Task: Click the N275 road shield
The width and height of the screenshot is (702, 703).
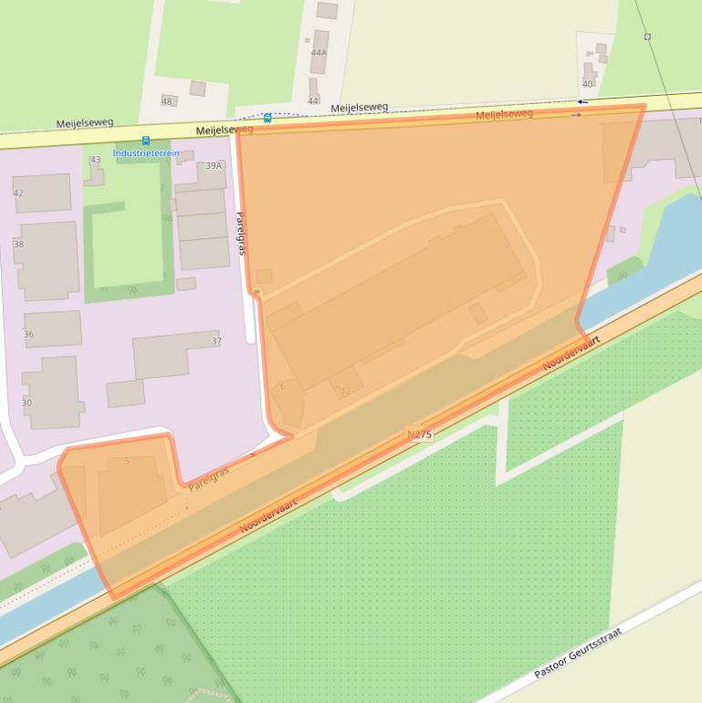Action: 419,435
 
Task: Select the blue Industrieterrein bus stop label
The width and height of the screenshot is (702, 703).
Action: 146,153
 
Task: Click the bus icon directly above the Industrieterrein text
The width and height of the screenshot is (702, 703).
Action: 146,141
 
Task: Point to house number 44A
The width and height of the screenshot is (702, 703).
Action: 319,53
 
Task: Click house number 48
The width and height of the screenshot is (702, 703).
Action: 167,101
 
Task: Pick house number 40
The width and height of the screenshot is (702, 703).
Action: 588,84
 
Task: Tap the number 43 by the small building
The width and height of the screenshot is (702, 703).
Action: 96,161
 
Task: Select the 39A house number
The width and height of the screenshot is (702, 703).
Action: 214,166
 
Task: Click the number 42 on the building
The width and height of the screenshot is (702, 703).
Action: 18,194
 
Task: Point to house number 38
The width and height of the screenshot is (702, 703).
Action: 18,245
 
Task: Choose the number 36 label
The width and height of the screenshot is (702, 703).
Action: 28,335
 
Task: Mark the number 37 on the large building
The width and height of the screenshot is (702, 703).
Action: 216,341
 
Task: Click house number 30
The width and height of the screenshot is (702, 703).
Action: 26,403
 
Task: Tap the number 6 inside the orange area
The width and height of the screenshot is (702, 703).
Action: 283,387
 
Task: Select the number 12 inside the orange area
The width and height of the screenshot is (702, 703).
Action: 345,392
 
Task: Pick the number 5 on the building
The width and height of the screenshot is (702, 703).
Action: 127,461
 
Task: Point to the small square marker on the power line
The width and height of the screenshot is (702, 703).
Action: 647,37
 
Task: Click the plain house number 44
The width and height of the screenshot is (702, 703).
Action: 313,101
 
